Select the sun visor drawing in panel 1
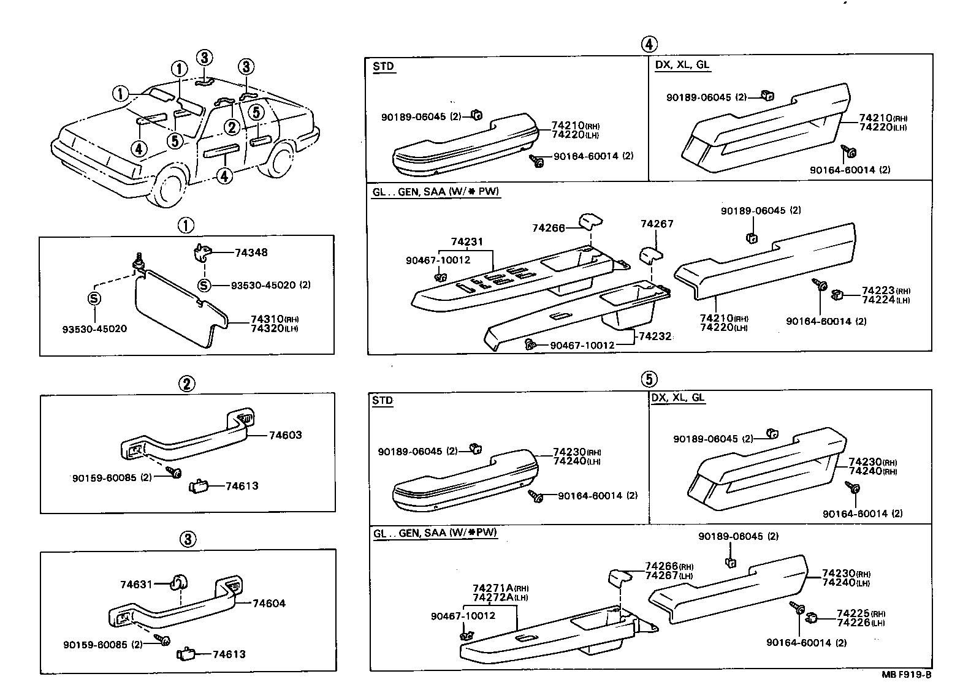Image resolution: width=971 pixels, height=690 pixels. click(x=178, y=306)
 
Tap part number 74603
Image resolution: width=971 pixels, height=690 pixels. click(x=285, y=435)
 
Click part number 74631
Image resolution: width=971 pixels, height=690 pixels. click(x=135, y=585)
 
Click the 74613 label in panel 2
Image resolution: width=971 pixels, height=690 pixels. click(x=242, y=486)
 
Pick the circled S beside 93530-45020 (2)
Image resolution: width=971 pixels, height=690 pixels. click(x=204, y=286)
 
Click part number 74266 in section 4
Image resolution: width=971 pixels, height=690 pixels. click(x=548, y=227)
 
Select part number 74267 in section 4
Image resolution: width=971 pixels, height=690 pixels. click(x=657, y=224)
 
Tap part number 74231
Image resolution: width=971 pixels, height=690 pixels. click(x=467, y=242)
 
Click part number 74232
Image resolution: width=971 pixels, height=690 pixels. click(x=655, y=336)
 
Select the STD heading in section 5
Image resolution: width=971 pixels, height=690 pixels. click(x=383, y=400)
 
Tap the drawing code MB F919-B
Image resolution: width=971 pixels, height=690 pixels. click(x=906, y=675)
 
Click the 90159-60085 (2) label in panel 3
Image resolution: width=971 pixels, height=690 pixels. click(x=102, y=644)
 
